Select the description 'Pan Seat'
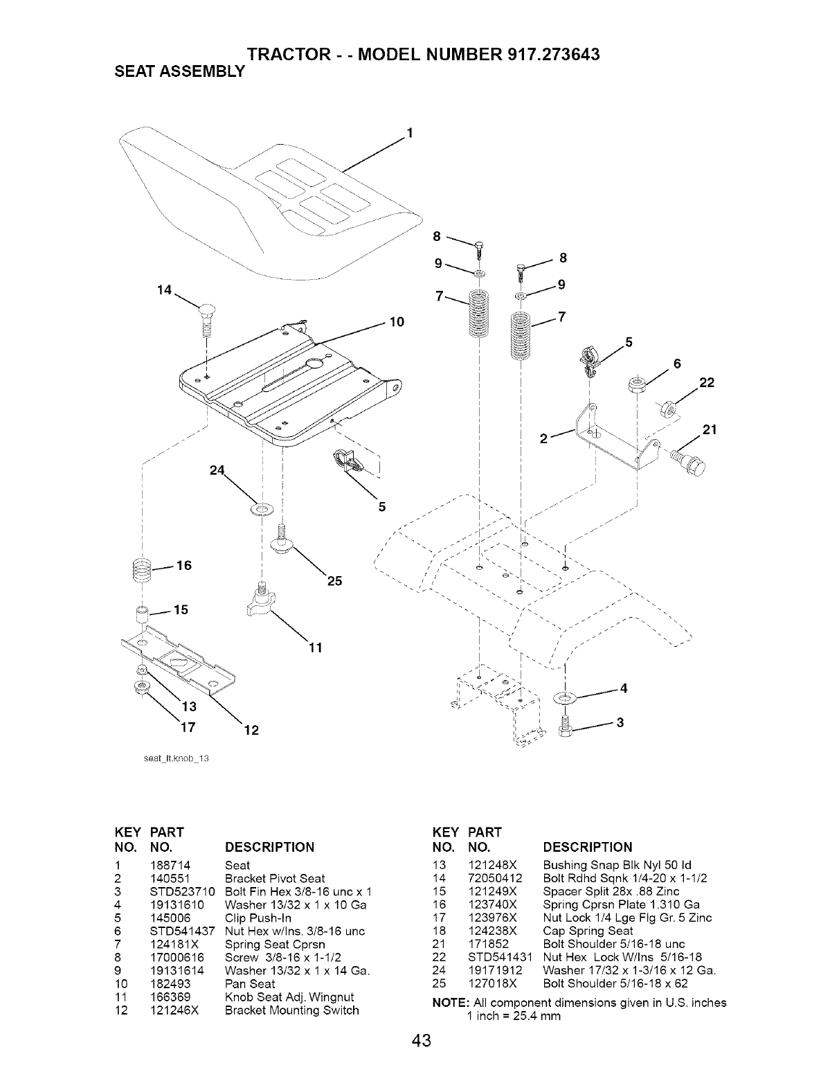click(x=250, y=983)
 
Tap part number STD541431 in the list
click(x=498, y=957)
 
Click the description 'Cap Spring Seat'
click(x=588, y=931)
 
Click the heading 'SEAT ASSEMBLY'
click(x=174, y=71)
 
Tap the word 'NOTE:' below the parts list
click(x=449, y=1003)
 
